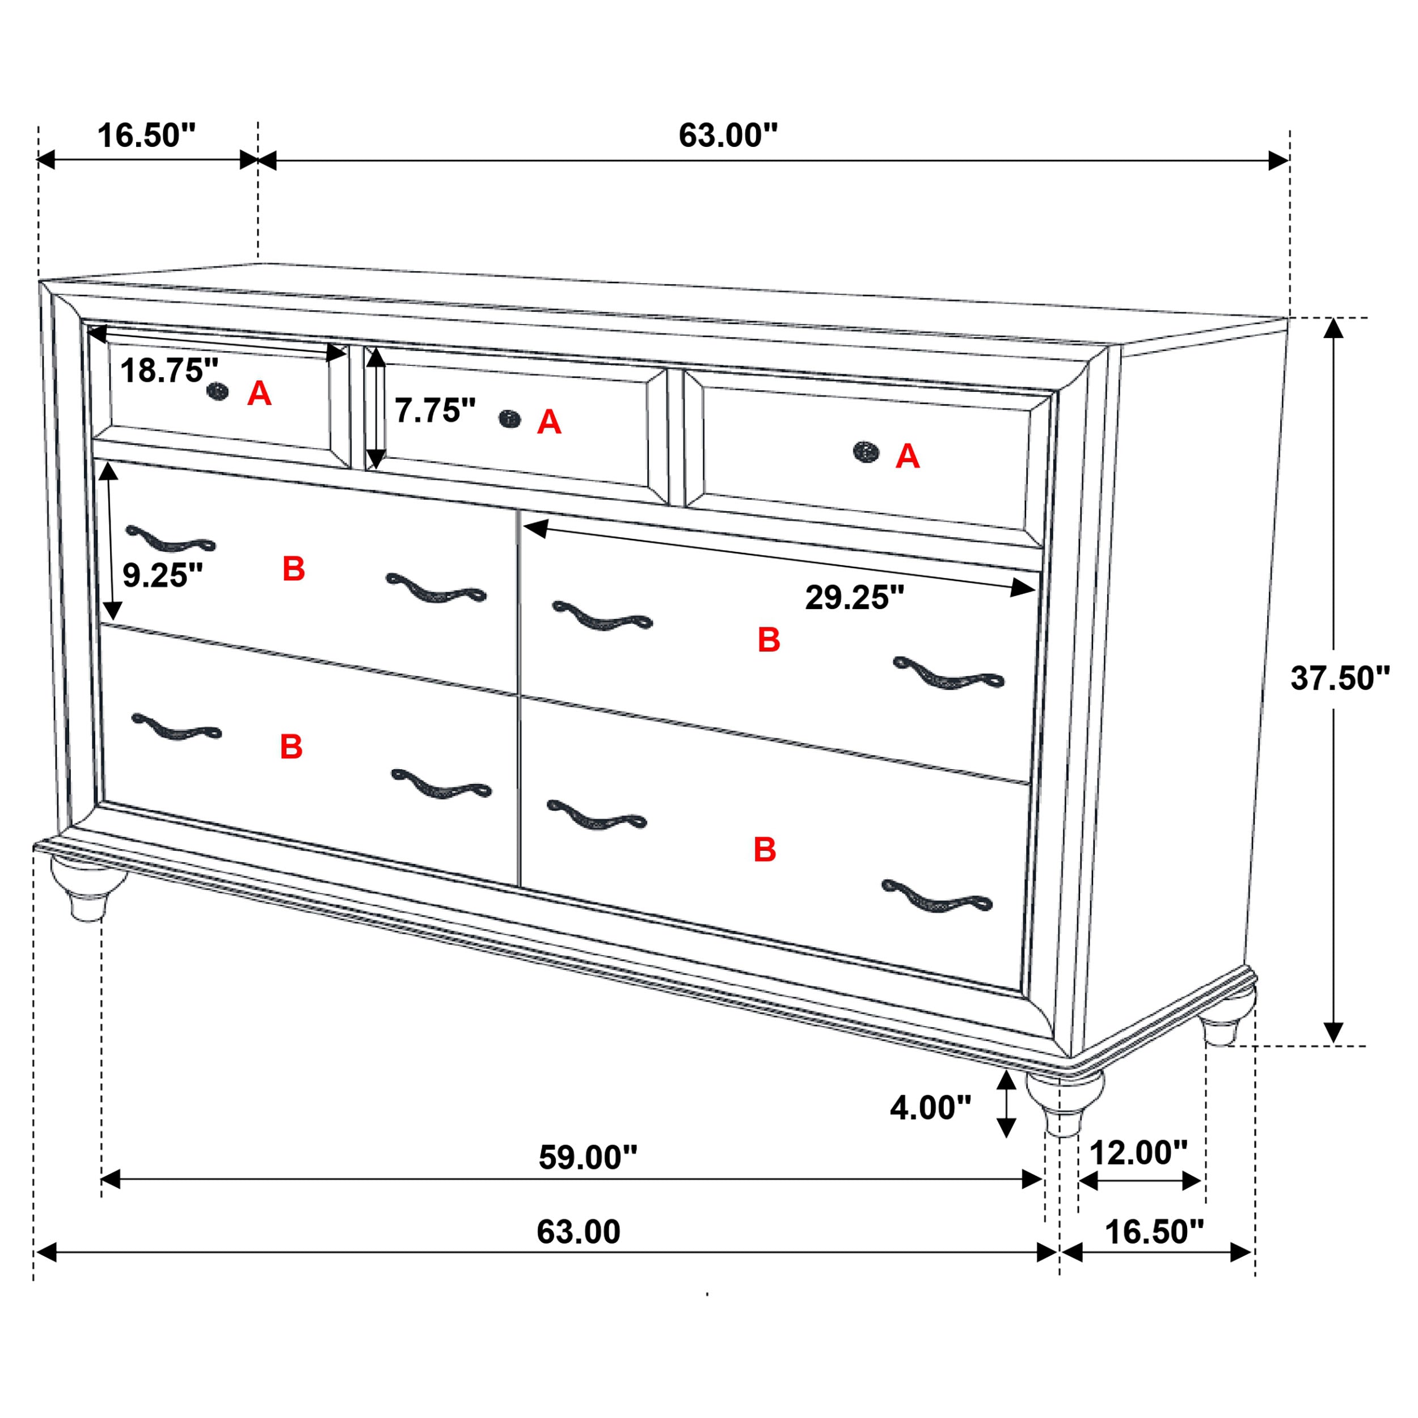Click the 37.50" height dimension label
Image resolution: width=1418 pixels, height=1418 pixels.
[1340, 679]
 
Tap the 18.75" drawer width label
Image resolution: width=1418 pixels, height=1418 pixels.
[169, 370]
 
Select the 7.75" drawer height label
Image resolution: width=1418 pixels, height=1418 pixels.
[435, 410]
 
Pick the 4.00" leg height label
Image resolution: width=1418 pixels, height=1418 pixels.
[930, 1108]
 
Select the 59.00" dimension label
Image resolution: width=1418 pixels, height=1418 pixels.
[588, 1158]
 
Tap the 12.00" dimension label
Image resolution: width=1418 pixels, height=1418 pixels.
[1138, 1153]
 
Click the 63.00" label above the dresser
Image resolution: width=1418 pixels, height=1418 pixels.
[727, 135]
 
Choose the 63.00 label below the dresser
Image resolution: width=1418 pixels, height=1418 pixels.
[579, 1231]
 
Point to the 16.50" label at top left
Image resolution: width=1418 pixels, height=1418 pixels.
[147, 136]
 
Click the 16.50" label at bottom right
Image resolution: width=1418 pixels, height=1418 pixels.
[1154, 1231]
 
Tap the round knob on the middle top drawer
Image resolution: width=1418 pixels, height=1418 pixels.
[509, 419]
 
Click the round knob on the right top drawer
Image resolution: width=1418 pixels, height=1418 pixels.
[866, 452]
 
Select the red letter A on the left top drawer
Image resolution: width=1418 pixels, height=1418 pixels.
[259, 394]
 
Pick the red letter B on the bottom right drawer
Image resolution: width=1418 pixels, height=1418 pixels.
[765, 850]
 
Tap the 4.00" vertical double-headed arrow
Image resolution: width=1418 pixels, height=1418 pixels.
[1006, 1104]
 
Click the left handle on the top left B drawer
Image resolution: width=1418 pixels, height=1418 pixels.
[170, 539]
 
